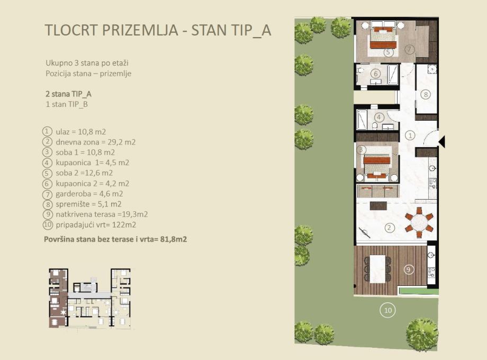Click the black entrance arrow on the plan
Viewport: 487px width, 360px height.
point(441,142)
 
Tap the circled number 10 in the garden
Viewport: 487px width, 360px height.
point(388,310)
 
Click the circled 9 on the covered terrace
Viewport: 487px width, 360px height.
point(409,269)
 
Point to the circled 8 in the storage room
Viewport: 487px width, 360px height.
point(426,94)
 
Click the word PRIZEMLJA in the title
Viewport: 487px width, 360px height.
point(140,30)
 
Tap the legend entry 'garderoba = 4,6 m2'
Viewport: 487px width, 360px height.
point(89,194)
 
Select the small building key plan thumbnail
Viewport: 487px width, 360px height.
point(90,298)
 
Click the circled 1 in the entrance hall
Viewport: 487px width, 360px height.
point(410,136)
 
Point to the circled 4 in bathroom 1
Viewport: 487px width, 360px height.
point(379,118)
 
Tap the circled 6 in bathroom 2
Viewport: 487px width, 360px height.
point(376,74)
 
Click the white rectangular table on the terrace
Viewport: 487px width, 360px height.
point(377,269)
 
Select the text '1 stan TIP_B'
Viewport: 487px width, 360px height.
point(67,104)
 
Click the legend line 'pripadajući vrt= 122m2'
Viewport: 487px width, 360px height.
point(96,225)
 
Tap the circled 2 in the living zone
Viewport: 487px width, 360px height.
point(389,228)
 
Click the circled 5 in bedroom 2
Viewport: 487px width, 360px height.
point(388,52)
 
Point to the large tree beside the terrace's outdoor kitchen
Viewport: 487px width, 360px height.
point(422,330)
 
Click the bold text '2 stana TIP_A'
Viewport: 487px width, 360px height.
point(69,94)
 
